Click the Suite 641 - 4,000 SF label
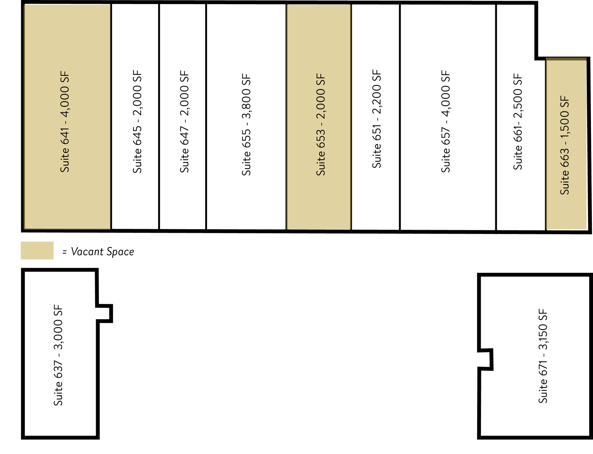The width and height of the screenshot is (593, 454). point(65,122)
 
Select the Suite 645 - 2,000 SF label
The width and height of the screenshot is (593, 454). point(137,122)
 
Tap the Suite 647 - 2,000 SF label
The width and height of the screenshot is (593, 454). point(184,122)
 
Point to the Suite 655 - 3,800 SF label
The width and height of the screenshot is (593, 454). point(246,125)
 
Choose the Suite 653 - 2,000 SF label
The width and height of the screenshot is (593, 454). point(321,125)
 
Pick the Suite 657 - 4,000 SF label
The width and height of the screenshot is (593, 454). point(446,121)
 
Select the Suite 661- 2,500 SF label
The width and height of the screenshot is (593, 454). point(518,122)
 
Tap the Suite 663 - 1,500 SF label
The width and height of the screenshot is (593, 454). point(565,145)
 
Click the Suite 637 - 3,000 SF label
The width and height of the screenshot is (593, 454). point(58,355)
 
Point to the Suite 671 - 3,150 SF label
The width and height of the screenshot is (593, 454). point(543,356)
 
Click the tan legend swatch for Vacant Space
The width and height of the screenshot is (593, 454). point(37,251)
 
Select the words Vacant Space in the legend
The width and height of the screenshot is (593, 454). point(102,252)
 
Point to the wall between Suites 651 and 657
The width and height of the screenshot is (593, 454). point(400,117)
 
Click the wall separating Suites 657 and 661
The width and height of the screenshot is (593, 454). point(496,117)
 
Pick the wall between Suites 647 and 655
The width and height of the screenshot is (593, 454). point(206,117)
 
